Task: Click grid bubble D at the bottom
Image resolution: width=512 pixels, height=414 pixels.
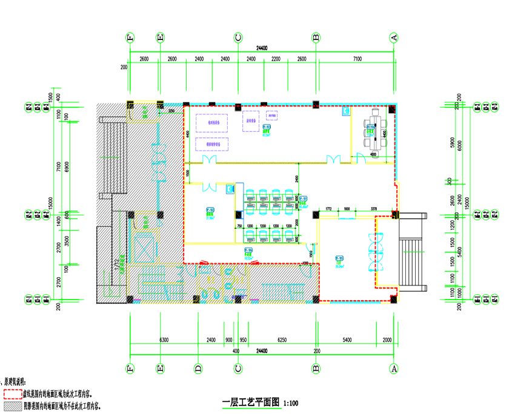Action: (198, 368)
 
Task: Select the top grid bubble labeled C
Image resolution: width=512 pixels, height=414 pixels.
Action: (238, 38)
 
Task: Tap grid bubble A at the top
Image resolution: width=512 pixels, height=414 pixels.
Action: (394, 38)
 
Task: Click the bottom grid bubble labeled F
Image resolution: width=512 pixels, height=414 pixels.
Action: (130, 368)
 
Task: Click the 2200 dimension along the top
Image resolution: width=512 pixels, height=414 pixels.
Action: (276, 59)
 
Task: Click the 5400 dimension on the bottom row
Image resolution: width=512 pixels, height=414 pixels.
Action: (347, 341)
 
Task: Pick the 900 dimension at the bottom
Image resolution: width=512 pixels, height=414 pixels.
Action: (228, 341)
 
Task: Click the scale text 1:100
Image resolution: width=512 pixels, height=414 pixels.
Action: (291, 402)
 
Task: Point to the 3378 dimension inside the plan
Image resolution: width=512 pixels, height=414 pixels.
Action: (374, 208)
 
